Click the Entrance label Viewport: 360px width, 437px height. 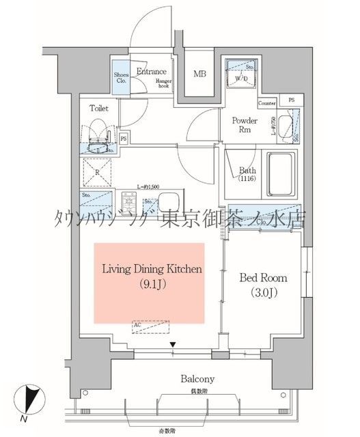click(x=152, y=71)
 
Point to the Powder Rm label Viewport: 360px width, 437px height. click(x=244, y=125)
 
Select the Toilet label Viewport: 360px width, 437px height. click(x=99, y=108)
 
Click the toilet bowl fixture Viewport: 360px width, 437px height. click(x=97, y=134)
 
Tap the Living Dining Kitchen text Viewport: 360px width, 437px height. click(x=152, y=269)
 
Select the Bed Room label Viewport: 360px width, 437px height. click(x=263, y=278)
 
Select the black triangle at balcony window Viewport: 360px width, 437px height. click(x=174, y=346)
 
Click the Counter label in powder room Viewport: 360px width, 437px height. click(x=266, y=103)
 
